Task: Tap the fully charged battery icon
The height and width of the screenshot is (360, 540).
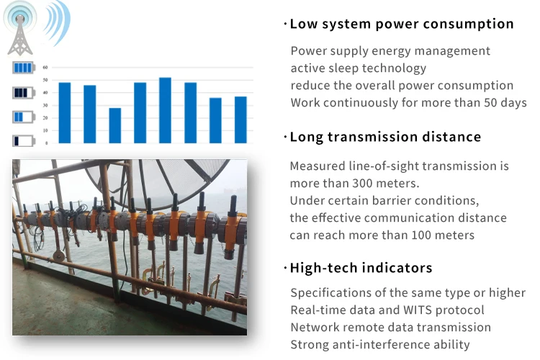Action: click(x=22, y=68)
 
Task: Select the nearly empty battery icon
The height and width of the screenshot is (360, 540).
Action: click(x=22, y=140)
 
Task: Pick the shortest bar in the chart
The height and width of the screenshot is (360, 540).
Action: click(x=115, y=125)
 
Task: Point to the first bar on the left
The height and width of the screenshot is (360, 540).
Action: click(x=65, y=112)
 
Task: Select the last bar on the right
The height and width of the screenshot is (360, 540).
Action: click(x=240, y=120)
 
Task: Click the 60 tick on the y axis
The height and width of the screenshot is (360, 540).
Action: click(x=45, y=68)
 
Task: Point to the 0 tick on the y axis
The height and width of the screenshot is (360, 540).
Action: click(x=46, y=143)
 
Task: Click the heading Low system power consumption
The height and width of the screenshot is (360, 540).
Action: click(x=402, y=24)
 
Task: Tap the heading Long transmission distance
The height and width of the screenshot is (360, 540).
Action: click(x=385, y=137)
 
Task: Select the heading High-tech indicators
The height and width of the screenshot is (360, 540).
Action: click(x=361, y=268)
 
